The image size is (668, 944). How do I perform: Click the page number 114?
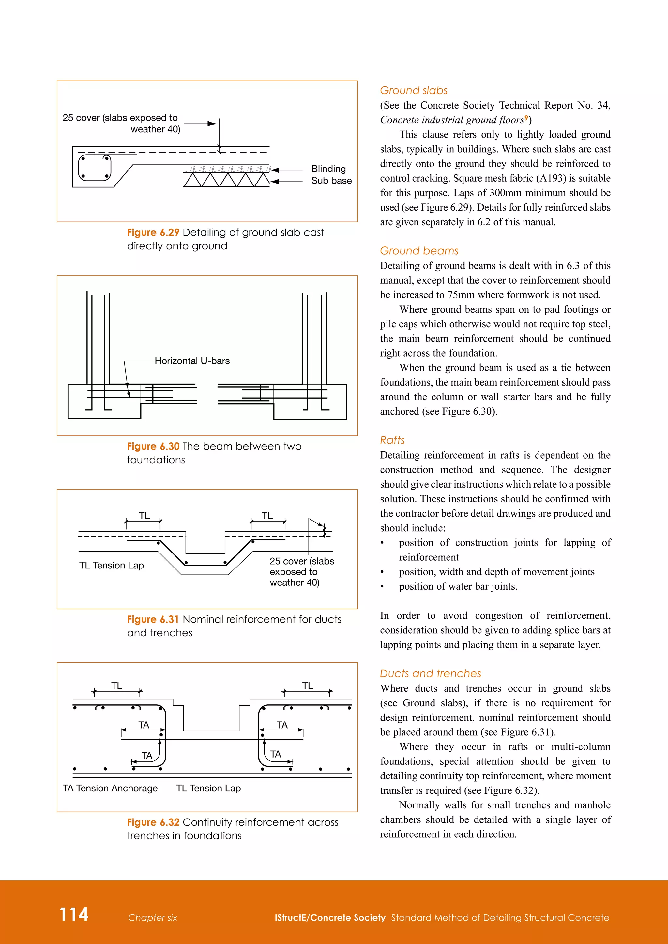point(74,914)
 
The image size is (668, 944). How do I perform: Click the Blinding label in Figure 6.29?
point(328,169)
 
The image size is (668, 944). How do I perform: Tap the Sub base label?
point(331,181)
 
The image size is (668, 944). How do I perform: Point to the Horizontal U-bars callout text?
point(192,361)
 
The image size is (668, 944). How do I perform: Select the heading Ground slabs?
point(413,90)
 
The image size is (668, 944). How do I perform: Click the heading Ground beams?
point(419,250)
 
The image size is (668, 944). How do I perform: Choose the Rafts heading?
point(392,440)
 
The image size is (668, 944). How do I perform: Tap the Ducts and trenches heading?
point(430,673)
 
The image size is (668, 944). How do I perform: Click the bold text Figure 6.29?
point(153,232)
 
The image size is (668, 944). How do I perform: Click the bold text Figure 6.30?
point(153,446)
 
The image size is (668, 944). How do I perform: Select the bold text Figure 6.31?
point(153,619)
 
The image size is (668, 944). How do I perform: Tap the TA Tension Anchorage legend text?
point(110,788)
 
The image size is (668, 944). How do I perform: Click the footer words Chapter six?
point(152,917)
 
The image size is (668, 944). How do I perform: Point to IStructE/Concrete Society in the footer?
point(330,917)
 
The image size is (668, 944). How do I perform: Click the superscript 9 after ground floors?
point(526,118)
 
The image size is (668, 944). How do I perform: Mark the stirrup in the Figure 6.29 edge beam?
point(95,168)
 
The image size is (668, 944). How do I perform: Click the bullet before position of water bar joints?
point(382,587)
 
